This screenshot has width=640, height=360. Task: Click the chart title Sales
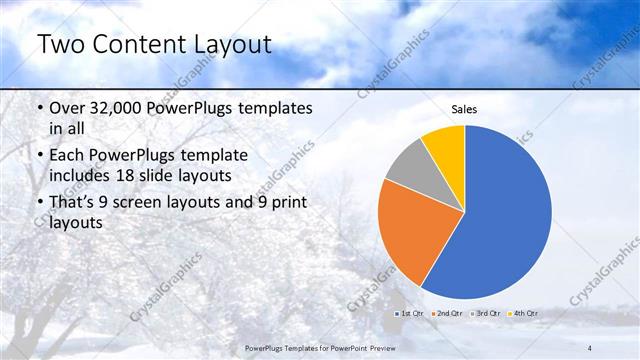click(x=465, y=109)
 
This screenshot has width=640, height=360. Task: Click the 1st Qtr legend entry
click(x=412, y=314)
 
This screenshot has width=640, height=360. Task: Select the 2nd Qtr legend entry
click(x=447, y=314)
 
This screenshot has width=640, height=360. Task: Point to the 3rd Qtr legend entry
click(x=487, y=314)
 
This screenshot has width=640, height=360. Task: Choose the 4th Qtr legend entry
click(x=523, y=314)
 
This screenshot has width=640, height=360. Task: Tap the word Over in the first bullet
click(x=69, y=108)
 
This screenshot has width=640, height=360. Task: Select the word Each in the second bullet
click(x=68, y=156)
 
